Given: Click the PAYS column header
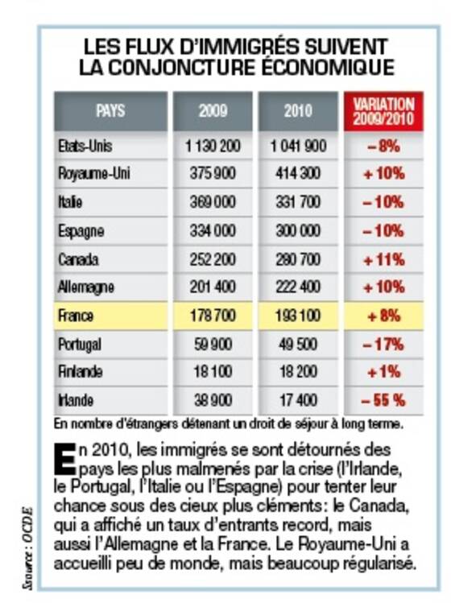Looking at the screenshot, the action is coord(110,111).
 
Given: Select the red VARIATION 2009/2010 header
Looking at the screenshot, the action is coord(383,111).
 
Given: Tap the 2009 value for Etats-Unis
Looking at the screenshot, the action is coord(213,147).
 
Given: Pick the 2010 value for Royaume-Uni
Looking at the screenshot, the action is coord(298,173).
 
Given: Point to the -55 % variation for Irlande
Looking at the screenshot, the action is coord(383,401).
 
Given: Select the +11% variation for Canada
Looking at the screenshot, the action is coord(383,260).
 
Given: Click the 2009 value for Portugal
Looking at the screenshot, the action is coord(213,345).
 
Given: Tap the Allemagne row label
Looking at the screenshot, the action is coord(86,287).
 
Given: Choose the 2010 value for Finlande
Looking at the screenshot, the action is coord(298,372).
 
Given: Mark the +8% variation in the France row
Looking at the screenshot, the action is coord(383,316).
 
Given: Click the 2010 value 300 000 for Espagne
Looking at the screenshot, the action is coord(298,231).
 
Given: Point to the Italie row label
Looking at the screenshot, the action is coord(70,202).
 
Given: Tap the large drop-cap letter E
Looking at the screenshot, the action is coord(64,459).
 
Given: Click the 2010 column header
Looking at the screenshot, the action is coord(298,111).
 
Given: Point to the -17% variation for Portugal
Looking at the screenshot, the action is coord(383,345).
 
